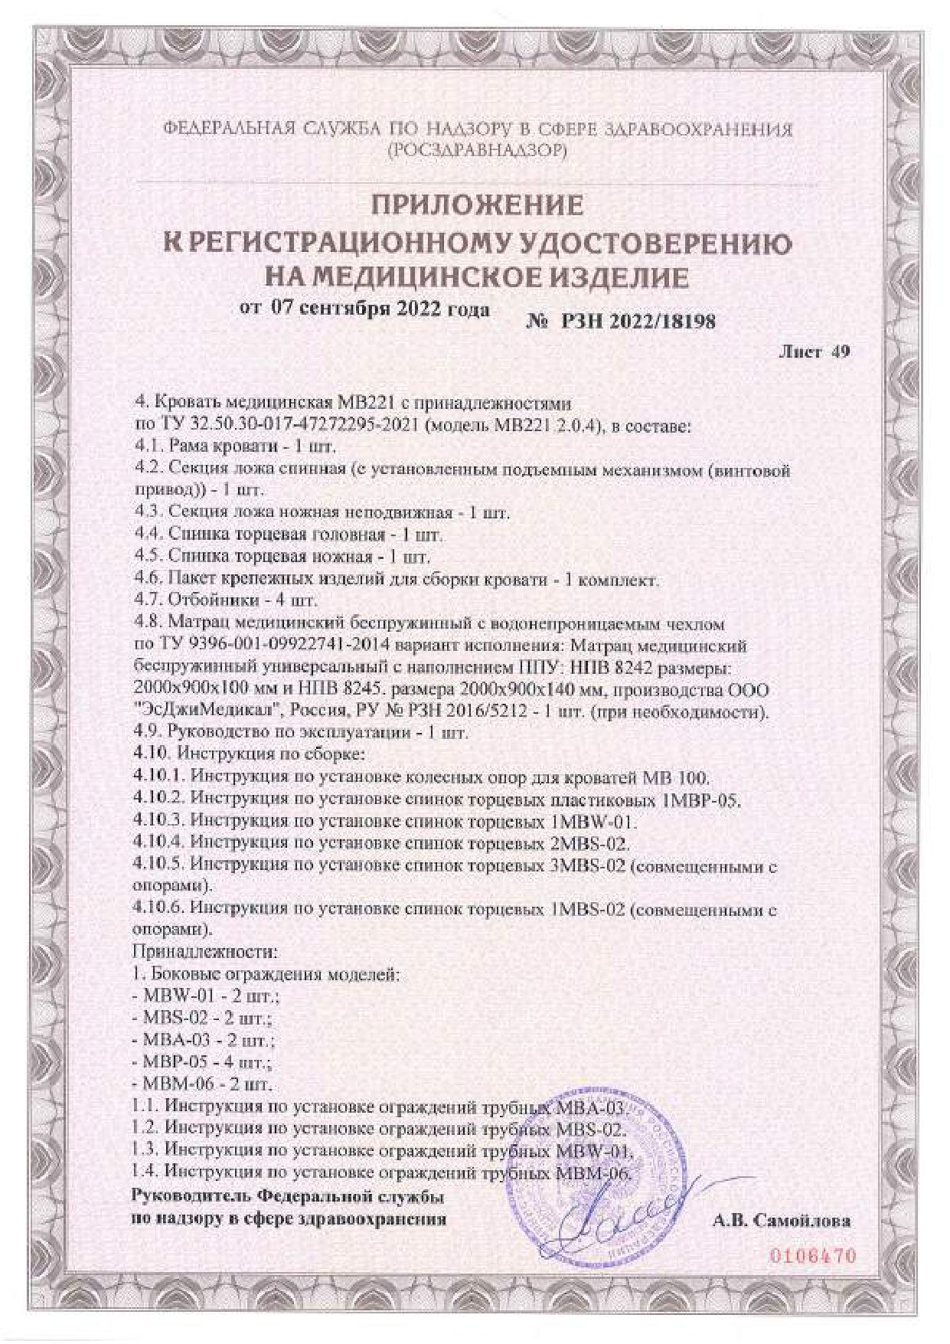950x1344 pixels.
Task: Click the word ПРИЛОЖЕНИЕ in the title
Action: (x=477, y=205)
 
